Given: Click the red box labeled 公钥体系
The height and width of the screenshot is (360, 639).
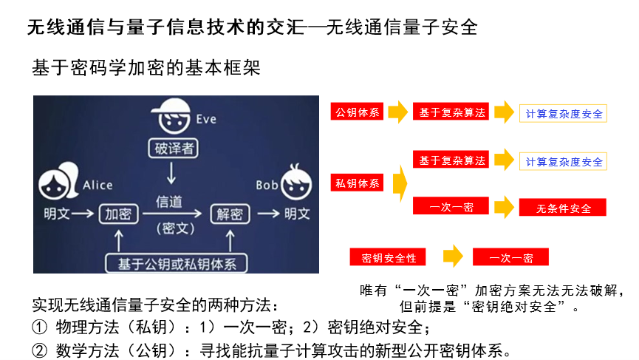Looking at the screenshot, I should (x=358, y=113).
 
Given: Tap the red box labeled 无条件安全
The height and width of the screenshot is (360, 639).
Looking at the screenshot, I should (x=563, y=208).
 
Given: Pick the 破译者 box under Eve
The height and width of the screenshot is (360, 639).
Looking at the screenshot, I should (x=174, y=148).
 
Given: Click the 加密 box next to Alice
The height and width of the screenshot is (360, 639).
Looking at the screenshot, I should (x=118, y=214).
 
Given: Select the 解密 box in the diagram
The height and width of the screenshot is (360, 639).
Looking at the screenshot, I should (x=230, y=214).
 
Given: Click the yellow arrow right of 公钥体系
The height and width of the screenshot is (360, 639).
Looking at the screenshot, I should (x=398, y=113).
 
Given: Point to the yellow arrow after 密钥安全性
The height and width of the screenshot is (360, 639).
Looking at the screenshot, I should (x=453, y=257).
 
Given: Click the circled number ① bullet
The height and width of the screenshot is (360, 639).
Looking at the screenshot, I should (x=38, y=327).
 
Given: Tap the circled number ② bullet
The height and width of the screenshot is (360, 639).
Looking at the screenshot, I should (x=38, y=349).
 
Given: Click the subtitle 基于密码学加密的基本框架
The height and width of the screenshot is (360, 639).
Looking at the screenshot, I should (x=146, y=67).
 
